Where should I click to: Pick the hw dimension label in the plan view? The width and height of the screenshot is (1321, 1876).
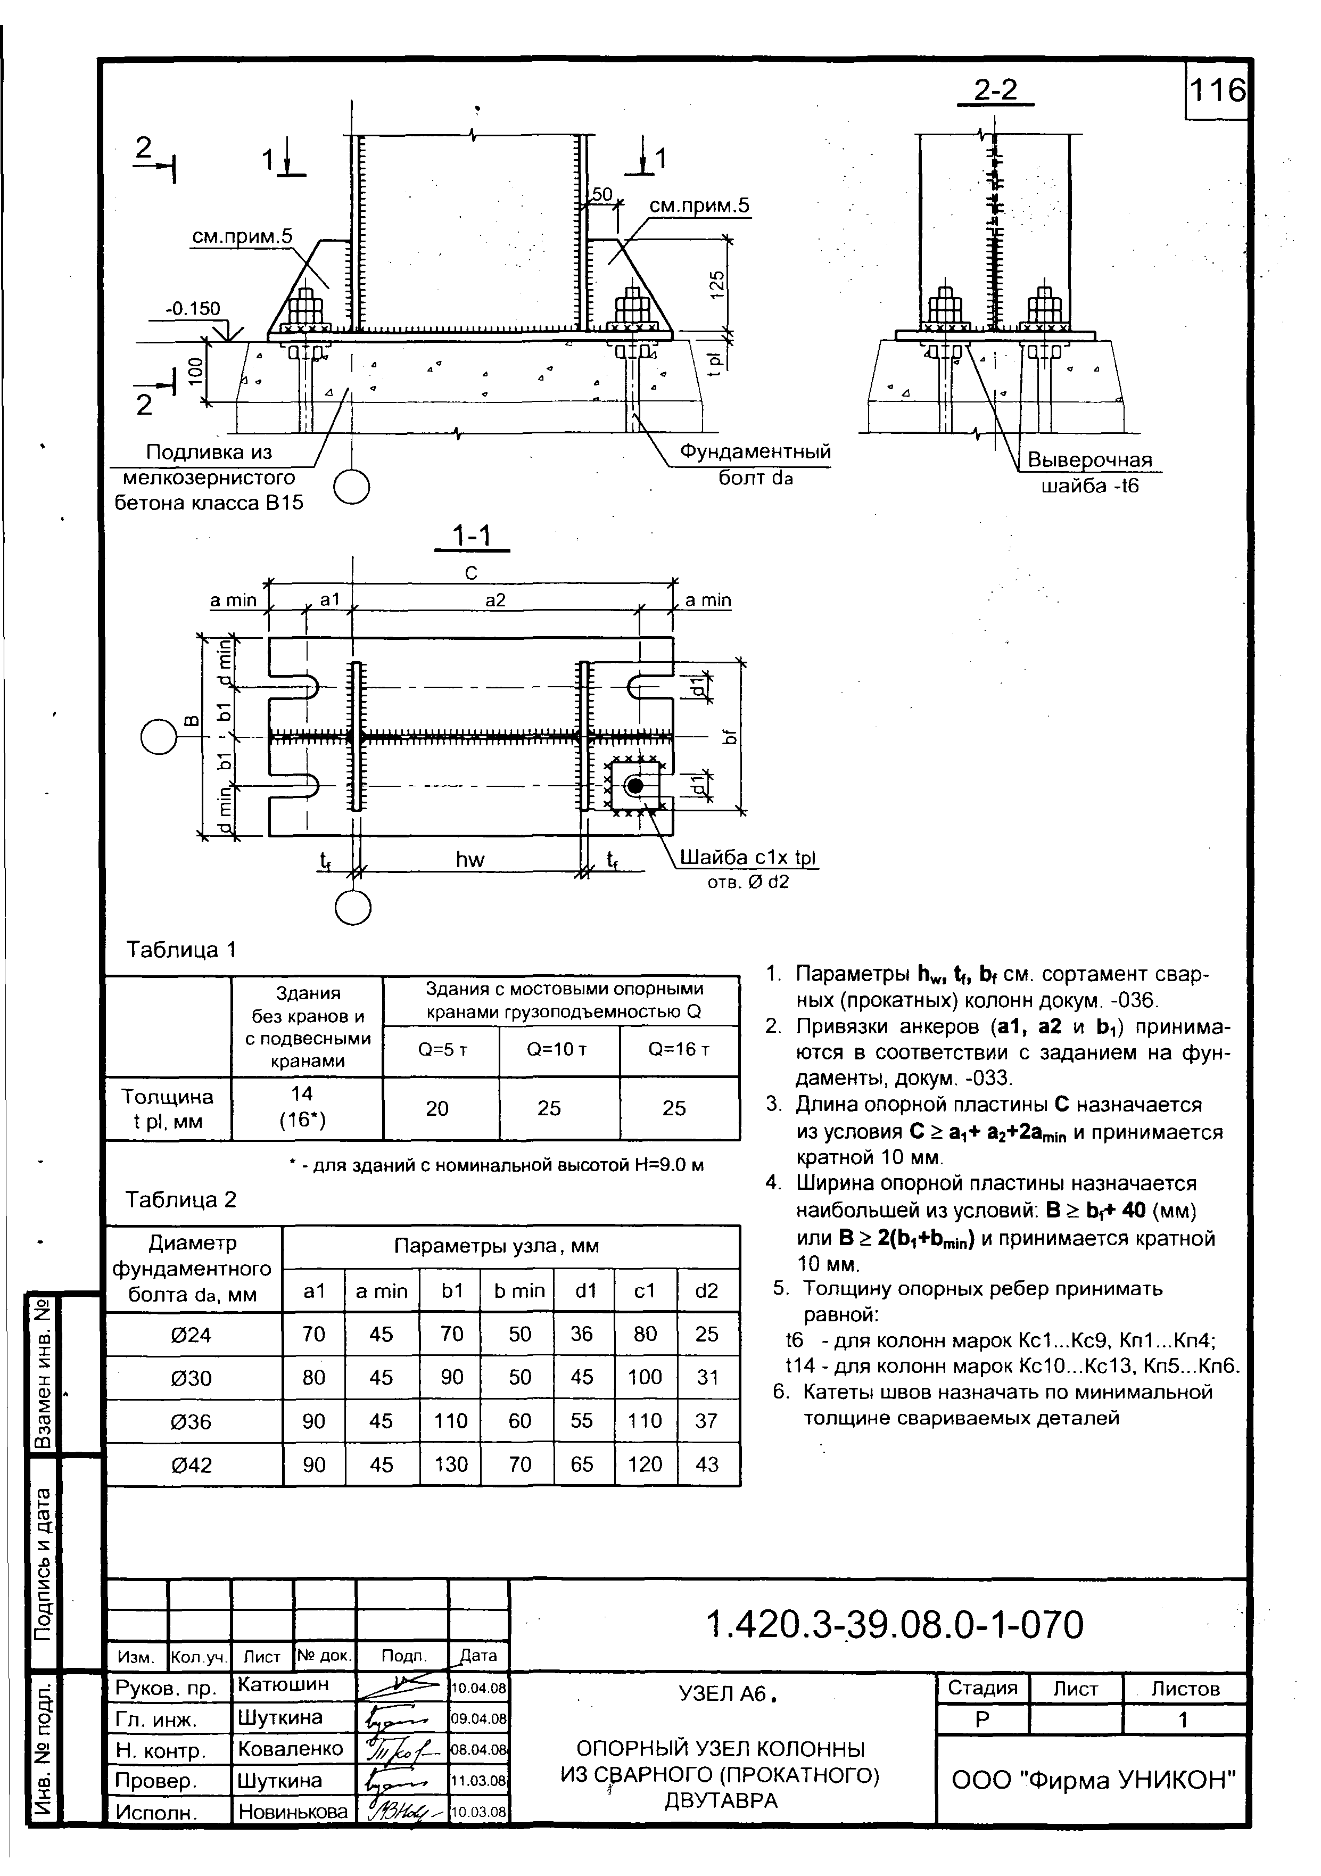tap(470, 860)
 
